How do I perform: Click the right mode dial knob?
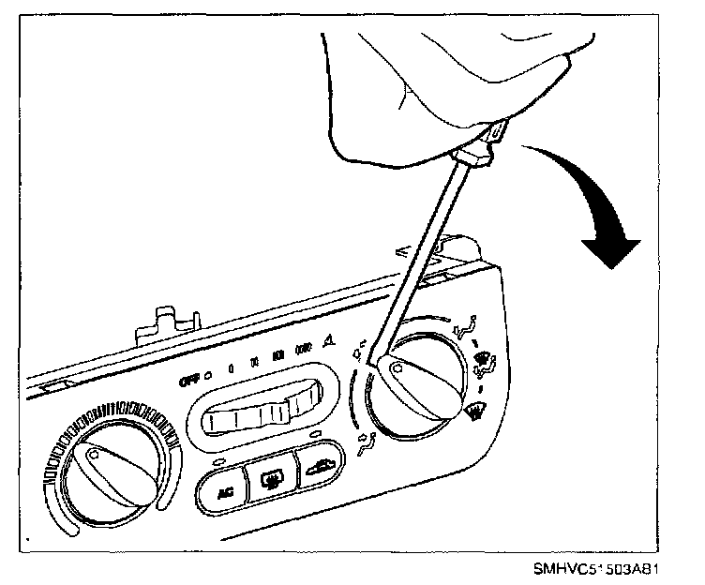pos(415,380)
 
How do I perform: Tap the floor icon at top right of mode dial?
pos(462,329)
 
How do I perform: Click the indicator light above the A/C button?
pos(218,462)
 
